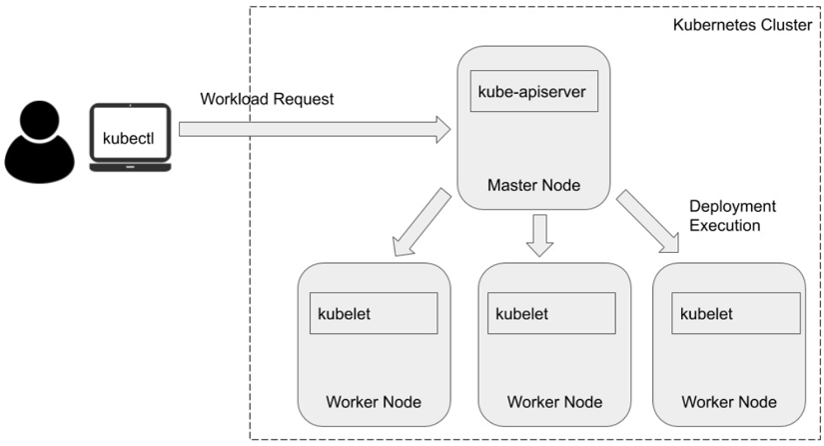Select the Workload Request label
(x=267, y=99)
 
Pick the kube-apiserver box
(x=533, y=93)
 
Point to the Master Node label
(x=533, y=185)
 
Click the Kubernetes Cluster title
(x=743, y=25)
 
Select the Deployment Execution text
(x=732, y=215)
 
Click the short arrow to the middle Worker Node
(x=539, y=235)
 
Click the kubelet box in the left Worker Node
(x=374, y=313)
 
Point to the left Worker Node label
(x=374, y=402)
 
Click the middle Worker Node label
(x=554, y=402)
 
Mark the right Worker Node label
(x=728, y=402)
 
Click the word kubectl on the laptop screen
(x=130, y=133)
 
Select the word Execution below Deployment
(x=726, y=225)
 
